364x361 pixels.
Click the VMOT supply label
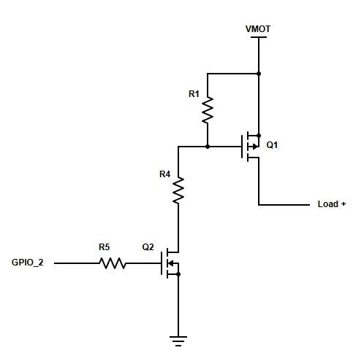[x=258, y=29]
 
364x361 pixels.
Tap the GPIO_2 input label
[x=28, y=263]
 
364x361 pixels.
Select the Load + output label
[x=332, y=204]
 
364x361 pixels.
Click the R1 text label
[x=194, y=94]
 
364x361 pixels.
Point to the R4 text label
[x=164, y=174]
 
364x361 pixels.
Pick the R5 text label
[x=105, y=247]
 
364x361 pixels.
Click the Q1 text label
[x=272, y=145]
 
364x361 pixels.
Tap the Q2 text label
[x=148, y=247]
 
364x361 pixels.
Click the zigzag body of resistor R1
[x=208, y=110]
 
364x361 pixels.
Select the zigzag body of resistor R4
[x=178, y=190]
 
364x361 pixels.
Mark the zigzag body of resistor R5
[x=113, y=263]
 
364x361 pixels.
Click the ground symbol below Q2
[x=178, y=341]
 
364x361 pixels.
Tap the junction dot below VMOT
[x=259, y=74]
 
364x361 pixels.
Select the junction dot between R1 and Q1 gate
[x=208, y=147]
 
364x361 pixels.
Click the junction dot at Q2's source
[x=178, y=274]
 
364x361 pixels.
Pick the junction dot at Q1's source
[x=259, y=136]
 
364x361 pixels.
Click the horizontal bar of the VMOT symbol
[x=259, y=37]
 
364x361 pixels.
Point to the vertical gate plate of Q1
[x=242, y=147]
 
